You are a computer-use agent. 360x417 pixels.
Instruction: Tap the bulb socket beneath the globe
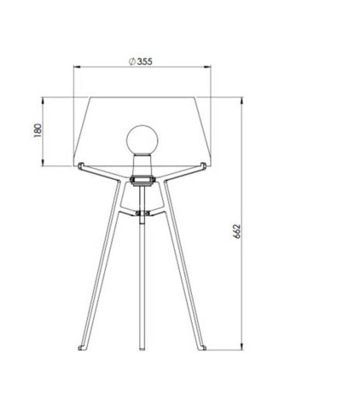pyautogui.click(x=143, y=163)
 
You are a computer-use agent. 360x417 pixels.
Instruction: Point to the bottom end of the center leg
pyautogui.click(x=142, y=347)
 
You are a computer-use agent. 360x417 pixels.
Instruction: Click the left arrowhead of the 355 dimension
pyautogui.click(x=76, y=67)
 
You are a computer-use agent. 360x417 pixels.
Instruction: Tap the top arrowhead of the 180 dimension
pyautogui.click(x=43, y=99)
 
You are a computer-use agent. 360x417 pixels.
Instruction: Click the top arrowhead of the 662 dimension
pyautogui.click(x=242, y=99)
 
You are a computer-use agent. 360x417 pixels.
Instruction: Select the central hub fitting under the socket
pyautogui.click(x=142, y=179)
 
